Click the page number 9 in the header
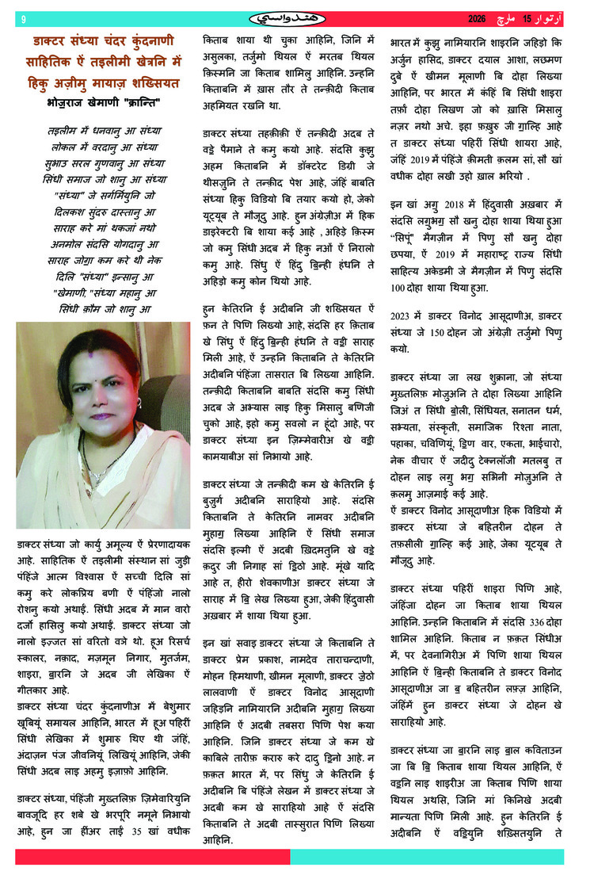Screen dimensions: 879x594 click(x=23, y=18)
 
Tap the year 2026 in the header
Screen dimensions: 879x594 click(x=478, y=17)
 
